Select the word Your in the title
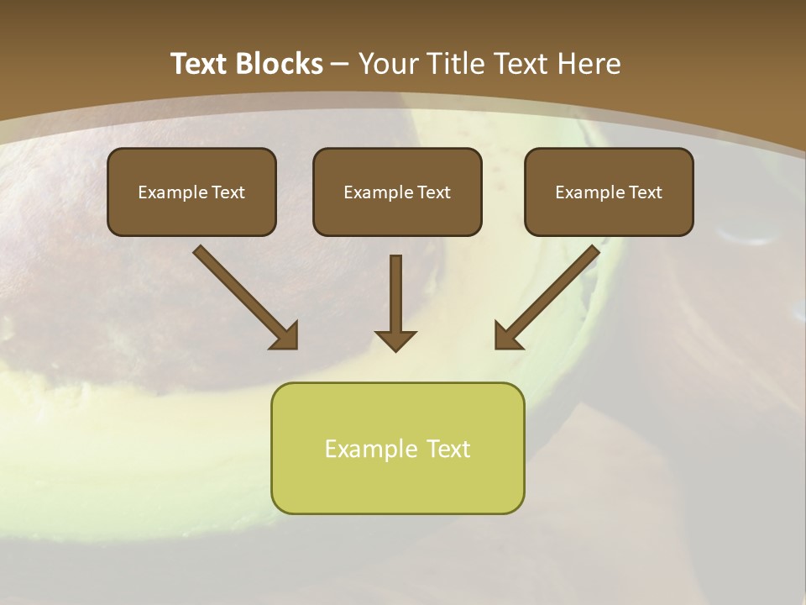pyautogui.click(x=389, y=64)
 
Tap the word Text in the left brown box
pyautogui.click(x=228, y=192)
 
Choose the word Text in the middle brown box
pyautogui.click(x=434, y=192)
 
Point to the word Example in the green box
pyautogui.click(x=372, y=449)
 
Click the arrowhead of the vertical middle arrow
pyautogui.click(x=395, y=339)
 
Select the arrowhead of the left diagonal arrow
pyautogui.click(x=285, y=336)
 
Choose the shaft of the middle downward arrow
pyautogui.click(x=395, y=290)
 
